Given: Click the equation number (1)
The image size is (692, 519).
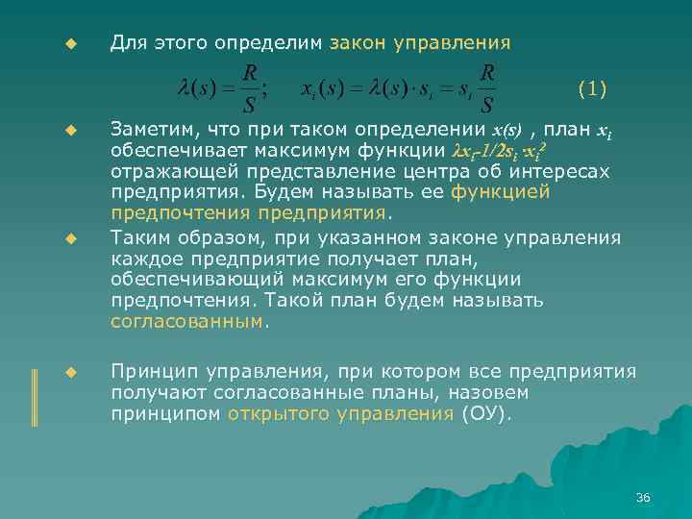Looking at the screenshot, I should pyautogui.click(x=592, y=90).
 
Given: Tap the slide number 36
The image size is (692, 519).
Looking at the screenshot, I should pyautogui.click(x=643, y=497).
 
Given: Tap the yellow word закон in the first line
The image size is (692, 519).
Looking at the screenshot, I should pyautogui.click(x=357, y=43).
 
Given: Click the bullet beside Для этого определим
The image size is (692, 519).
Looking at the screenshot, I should pyautogui.click(x=69, y=44).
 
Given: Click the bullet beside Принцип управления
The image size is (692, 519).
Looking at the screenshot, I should pyautogui.click(x=69, y=372).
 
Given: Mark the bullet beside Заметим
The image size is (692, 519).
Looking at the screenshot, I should pyautogui.click(x=69, y=129).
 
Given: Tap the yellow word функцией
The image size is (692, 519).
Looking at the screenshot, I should pyautogui.click(x=506, y=191).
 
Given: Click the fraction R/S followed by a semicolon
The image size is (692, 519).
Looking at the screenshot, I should pyautogui.click(x=249, y=87).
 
